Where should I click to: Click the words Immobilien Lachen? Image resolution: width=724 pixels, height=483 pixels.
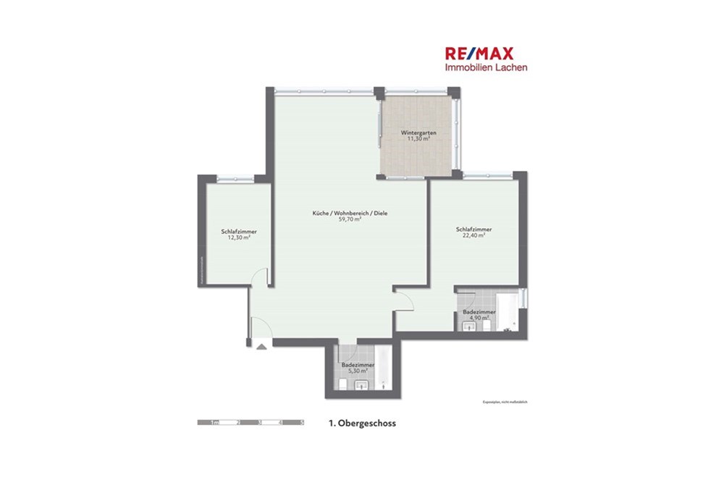pos(486,67)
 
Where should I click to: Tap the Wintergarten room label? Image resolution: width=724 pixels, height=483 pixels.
pos(418,133)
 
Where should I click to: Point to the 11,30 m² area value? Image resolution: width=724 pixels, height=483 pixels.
pos(418,139)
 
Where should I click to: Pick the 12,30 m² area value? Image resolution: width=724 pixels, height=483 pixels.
pos(239,237)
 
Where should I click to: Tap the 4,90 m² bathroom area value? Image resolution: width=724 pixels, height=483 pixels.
pos(478,317)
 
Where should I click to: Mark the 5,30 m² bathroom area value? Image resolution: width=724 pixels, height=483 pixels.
pos(358,371)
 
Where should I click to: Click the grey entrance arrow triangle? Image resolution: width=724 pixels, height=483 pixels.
pos(261,347)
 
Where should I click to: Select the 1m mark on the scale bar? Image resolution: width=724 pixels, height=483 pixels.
pos(214,421)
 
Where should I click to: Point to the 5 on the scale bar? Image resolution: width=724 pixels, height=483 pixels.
pos(302,421)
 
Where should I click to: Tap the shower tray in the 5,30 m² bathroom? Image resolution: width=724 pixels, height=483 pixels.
pos(383,369)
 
